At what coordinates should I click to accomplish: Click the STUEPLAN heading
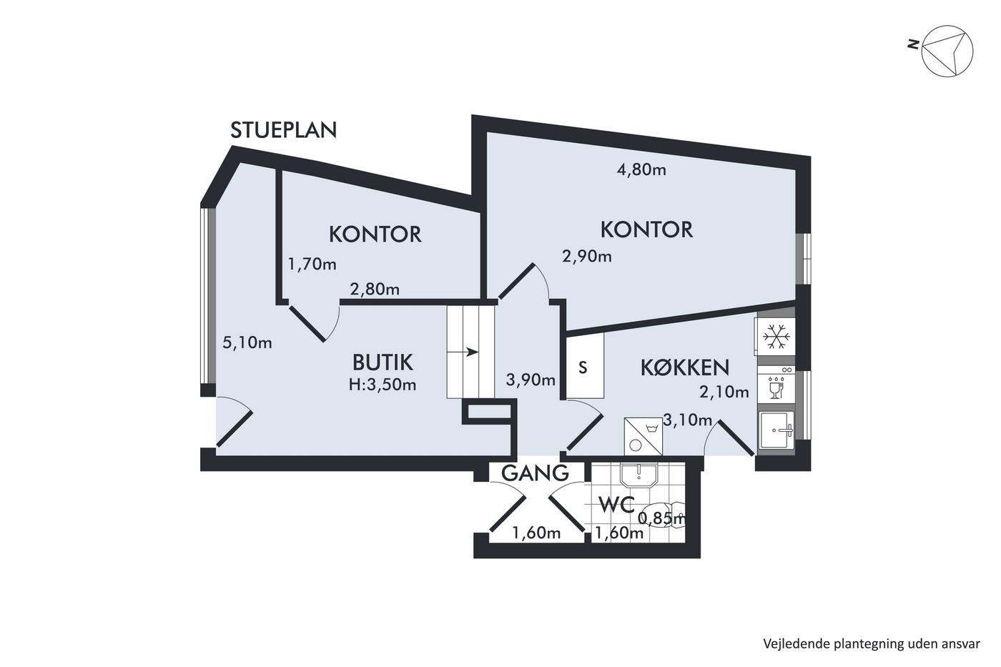283,130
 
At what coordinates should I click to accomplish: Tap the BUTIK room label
383,362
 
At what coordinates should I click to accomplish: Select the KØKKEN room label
685,367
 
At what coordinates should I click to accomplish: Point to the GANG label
535,473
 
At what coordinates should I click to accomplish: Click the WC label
616,505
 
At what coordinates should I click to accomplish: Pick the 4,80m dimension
641,169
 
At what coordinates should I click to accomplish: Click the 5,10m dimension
247,342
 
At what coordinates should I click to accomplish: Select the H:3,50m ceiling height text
383,385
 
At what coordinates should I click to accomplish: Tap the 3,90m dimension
531,380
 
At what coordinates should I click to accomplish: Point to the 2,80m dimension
375,290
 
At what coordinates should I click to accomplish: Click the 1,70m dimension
312,265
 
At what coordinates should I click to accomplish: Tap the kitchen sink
776,430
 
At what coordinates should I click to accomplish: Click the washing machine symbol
643,437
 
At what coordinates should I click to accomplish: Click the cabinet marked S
585,365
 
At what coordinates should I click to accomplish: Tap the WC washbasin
638,475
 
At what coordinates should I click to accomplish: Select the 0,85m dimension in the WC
662,518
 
